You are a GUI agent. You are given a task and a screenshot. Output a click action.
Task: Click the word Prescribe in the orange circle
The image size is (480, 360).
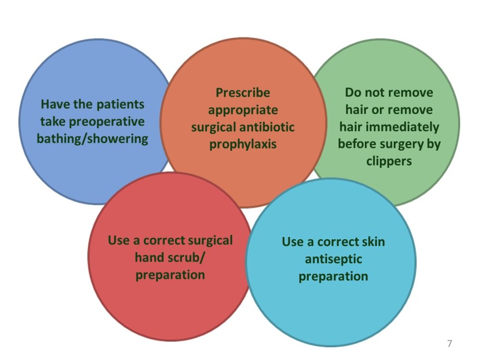click(243, 93)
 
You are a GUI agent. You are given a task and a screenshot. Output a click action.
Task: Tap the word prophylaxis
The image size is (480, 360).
click(243, 144)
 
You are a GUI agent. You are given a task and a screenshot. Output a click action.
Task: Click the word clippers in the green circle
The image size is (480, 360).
click(389, 161)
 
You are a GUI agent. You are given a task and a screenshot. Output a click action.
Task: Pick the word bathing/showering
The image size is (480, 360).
click(92, 139)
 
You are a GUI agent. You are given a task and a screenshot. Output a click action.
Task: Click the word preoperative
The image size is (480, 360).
click(107, 122)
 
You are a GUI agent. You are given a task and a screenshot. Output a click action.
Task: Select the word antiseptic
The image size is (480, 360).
click(333, 259)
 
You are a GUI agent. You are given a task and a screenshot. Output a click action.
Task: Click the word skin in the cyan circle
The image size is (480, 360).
click(373, 242)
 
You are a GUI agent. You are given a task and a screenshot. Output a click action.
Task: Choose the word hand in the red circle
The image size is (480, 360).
click(149, 258)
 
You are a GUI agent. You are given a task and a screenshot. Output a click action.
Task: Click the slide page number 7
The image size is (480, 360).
click(449, 343)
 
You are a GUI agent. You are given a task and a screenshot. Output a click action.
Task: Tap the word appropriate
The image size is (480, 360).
click(243, 110)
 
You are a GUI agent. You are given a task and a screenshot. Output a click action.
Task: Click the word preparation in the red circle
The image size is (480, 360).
click(170, 275)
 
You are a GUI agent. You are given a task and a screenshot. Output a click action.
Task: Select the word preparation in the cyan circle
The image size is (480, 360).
click(333, 277)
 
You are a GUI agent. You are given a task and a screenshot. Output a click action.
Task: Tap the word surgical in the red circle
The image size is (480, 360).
click(210, 240)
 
